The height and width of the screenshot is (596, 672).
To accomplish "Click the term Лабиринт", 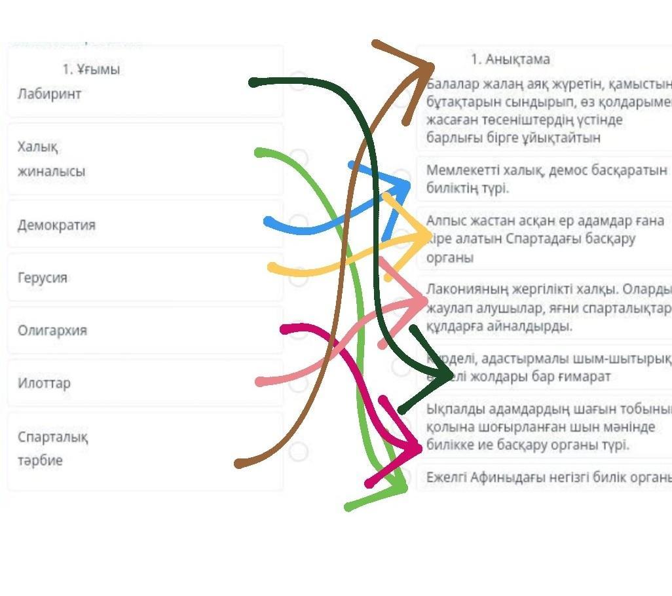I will pos(50,94).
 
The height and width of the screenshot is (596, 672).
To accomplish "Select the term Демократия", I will pos(56,225).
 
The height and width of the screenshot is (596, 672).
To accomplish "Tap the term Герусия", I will pos(43,278).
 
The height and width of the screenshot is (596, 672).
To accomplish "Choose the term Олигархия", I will pos(52,330).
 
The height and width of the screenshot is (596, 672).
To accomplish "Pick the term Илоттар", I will pos(44,383).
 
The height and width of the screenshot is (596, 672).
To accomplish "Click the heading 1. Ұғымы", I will pos(91,69).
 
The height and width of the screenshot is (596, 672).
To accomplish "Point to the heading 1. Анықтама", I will pos(510,60).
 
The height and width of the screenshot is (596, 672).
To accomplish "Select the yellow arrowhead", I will pos(422,234).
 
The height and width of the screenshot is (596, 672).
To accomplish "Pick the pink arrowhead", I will pos(419,301).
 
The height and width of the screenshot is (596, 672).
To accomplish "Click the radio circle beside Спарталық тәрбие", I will pos(298,451).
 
